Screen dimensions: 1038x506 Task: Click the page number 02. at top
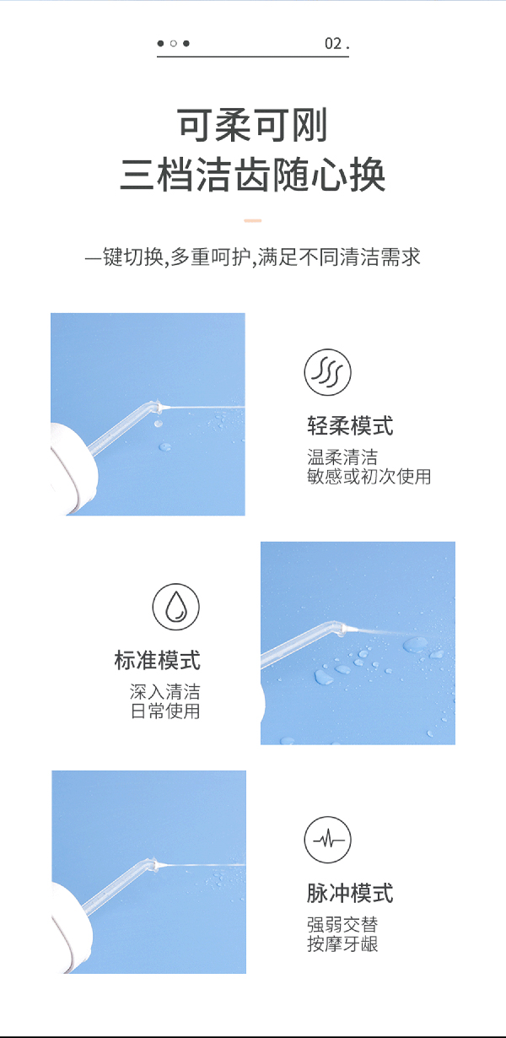336,43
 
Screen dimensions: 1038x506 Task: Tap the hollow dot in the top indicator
173,43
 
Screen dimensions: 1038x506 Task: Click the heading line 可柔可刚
253,127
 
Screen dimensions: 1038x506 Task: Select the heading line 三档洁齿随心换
253,176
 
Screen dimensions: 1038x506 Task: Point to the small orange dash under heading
253,220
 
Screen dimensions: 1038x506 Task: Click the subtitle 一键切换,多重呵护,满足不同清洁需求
253,257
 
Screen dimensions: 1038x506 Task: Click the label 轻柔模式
350,426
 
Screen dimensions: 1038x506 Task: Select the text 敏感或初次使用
369,477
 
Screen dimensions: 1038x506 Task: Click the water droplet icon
175,606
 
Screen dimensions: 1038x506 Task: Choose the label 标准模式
157,660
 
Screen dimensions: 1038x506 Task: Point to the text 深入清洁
164,692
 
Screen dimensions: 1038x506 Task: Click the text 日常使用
164,711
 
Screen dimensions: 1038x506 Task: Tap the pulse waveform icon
327,839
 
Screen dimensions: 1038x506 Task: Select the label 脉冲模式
350,893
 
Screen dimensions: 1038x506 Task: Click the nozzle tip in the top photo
160,408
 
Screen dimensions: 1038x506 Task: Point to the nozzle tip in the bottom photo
157,865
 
